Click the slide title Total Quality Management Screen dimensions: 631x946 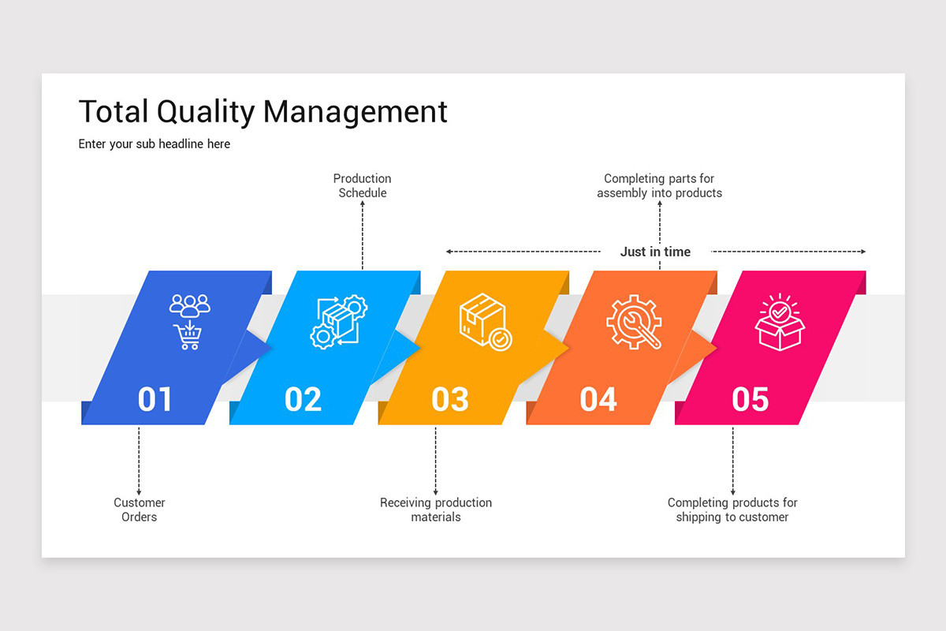(263, 112)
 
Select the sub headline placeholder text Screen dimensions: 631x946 (155, 144)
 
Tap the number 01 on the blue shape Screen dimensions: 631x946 (155, 399)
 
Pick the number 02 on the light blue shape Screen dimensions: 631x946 (303, 399)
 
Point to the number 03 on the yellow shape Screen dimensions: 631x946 (450, 399)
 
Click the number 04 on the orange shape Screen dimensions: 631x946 (598, 399)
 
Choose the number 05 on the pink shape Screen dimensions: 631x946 (750, 399)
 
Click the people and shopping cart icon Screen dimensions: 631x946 (190, 321)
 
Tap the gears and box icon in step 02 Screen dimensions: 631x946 (338, 322)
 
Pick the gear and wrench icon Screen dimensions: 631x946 (634, 322)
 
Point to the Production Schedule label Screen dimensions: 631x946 (363, 185)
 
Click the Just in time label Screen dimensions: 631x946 (655, 252)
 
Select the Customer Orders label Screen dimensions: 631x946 (140, 510)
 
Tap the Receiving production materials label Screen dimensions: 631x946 (436, 510)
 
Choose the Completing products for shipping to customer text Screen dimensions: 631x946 (732, 510)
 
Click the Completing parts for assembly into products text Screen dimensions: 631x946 (659, 185)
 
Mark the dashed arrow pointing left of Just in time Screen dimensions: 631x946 (523, 252)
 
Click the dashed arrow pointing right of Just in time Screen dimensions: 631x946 (788, 252)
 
